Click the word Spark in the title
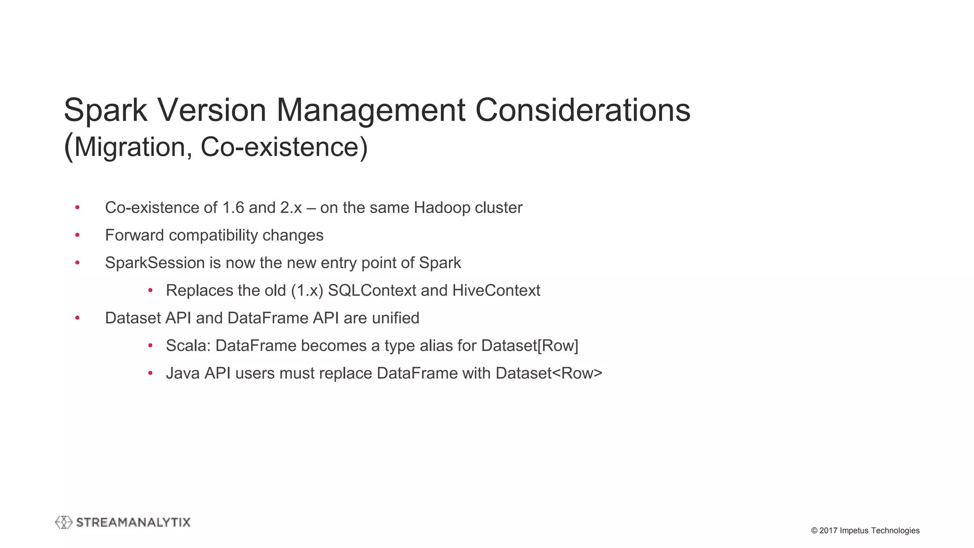(106, 110)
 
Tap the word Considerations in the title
(583, 110)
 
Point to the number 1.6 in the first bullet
(233, 208)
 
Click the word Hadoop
(435, 208)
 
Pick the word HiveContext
(496, 291)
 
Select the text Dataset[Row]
(530, 346)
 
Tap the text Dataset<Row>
(549, 373)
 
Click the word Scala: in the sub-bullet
(188, 346)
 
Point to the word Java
(183, 373)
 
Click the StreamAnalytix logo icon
(64, 522)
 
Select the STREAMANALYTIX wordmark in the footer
(133, 522)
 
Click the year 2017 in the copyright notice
(828, 530)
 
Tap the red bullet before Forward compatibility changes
(78, 235)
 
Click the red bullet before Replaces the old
(150, 291)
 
